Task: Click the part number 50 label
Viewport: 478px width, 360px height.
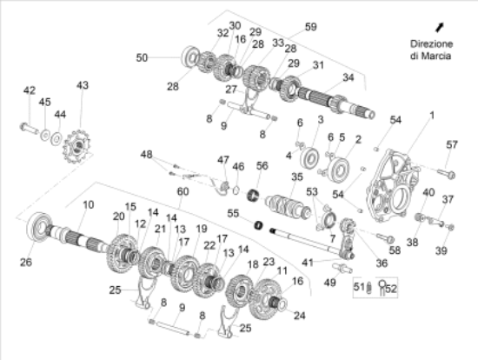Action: [143, 58]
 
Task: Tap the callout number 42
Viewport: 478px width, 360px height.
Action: [30, 90]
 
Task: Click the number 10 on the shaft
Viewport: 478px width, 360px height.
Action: [88, 205]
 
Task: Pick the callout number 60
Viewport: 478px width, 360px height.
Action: [182, 191]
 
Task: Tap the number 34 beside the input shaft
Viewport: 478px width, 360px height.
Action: [349, 77]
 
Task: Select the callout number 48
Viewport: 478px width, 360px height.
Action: [146, 154]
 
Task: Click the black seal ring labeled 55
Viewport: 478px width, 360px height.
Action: [258, 226]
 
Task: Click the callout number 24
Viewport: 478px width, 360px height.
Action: [300, 316]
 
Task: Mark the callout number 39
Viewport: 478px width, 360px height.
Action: [441, 250]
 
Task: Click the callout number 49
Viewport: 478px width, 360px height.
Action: [329, 283]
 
